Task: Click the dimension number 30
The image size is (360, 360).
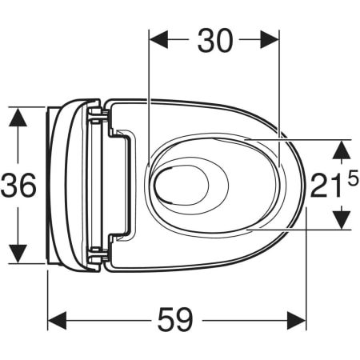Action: click(214, 41)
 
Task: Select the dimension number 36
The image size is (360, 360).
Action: click(19, 186)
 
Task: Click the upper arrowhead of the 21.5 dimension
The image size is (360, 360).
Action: click(342, 148)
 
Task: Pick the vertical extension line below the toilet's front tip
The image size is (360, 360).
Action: click(307, 272)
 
